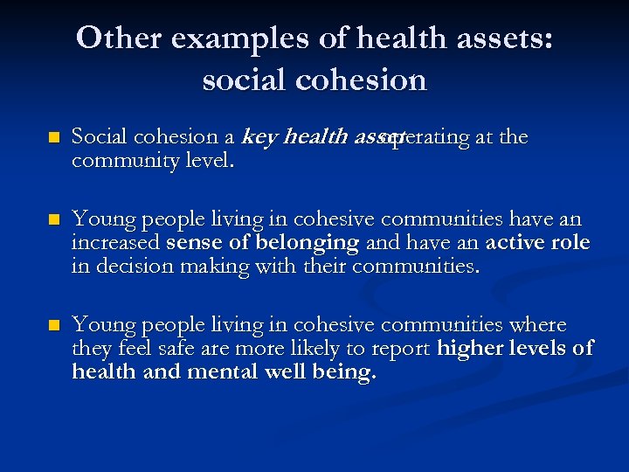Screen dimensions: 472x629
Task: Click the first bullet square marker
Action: pyautogui.click(x=53, y=138)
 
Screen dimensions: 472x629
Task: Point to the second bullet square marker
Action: pyautogui.click(x=53, y=220)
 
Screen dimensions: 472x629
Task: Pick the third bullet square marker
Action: pyautogui.click(x=53, y=327)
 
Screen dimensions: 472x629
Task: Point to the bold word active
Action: pyautogui.click(x=519, y=243)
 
